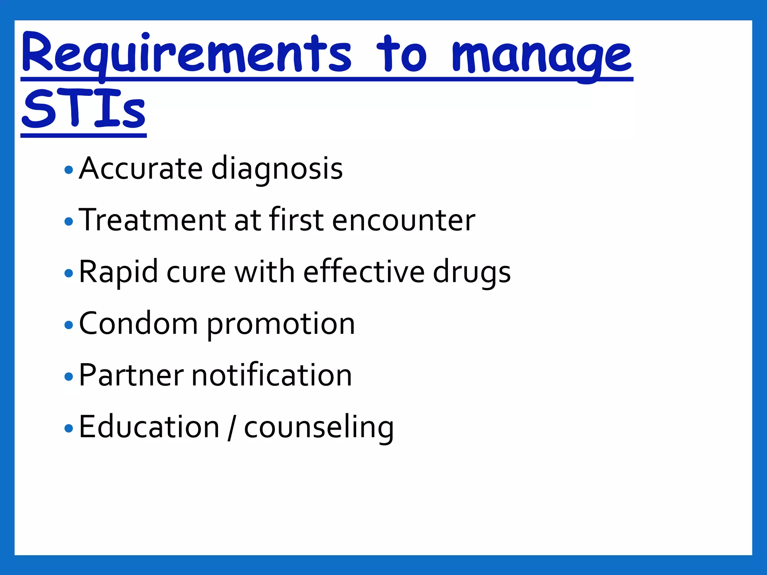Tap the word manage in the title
click(x=542, y=56)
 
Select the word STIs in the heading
click(x=84, y=109)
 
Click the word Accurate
click(x=141, y=168)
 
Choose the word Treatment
click(x=152, y=220)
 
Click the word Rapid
click(x=118, y=273)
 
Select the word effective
click(x=364, y=272)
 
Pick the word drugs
click(x=472, y=273)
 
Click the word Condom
click(x=138, y=323)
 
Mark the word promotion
click(x=281, y=324)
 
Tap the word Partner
click(x=131, y=375)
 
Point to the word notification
click(x=272, y=375)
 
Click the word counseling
click(x=319, y=428)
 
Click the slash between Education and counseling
click(x=231, y=428)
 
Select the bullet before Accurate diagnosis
click(x=69, y=170)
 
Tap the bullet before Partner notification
click(x=69, y=376)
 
